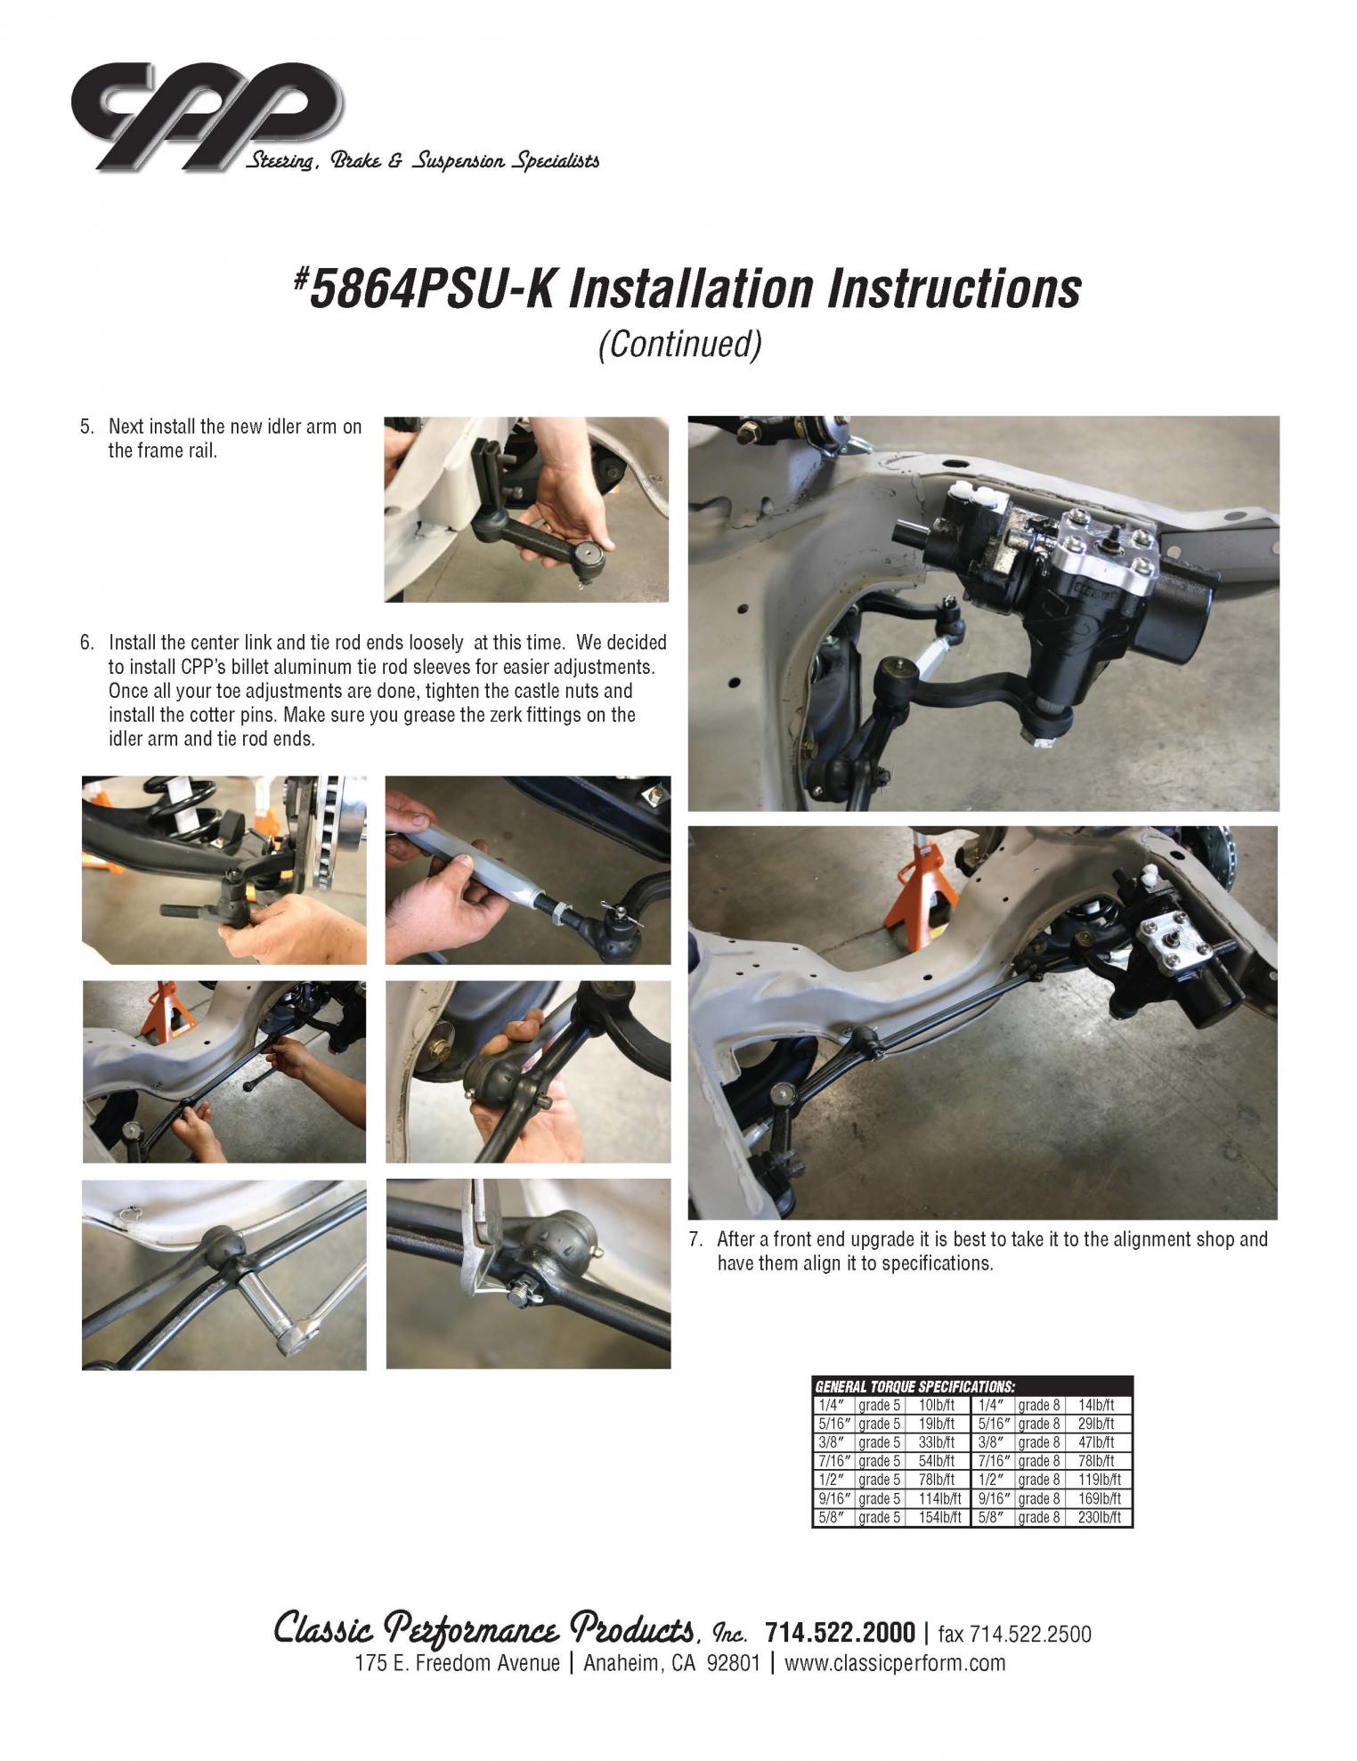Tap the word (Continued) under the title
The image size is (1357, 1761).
(679, 344)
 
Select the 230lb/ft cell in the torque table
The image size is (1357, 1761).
(1099, 1517)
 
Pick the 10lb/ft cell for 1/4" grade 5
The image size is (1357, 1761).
(936, 1406)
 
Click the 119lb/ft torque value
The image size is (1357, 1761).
(1099, 1480)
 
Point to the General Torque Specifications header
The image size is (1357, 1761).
(914, 1387)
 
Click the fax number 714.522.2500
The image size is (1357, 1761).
(1029, 1634)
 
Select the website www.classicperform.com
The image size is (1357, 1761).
(894, 1663)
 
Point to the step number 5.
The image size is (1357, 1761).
(86, 426)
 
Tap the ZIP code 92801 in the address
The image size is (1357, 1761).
(733, 1663)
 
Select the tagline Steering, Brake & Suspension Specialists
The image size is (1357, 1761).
(421, 161)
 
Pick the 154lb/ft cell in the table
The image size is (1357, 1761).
(939, 1517)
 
